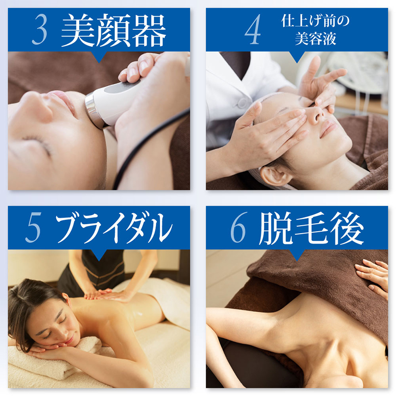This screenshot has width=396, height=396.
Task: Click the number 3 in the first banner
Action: tap(40, 29)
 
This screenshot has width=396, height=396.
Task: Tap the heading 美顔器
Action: tap(114, 30)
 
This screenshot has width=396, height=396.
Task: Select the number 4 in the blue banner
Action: tap(252, 29)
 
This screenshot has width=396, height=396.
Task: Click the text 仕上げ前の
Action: tap(315, 21)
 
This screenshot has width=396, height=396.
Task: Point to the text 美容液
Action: tap(315, 39)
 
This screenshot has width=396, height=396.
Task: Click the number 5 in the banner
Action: tap(33, 227)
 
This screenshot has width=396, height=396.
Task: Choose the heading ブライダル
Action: tap(114, 228)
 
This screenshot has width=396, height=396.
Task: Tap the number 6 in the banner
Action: tap(239, 227)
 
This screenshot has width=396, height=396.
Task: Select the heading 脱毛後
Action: tap(311, 228)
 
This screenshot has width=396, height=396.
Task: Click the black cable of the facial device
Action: tap(142, 147)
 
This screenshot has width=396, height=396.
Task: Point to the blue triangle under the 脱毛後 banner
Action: tap(297, 255)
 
